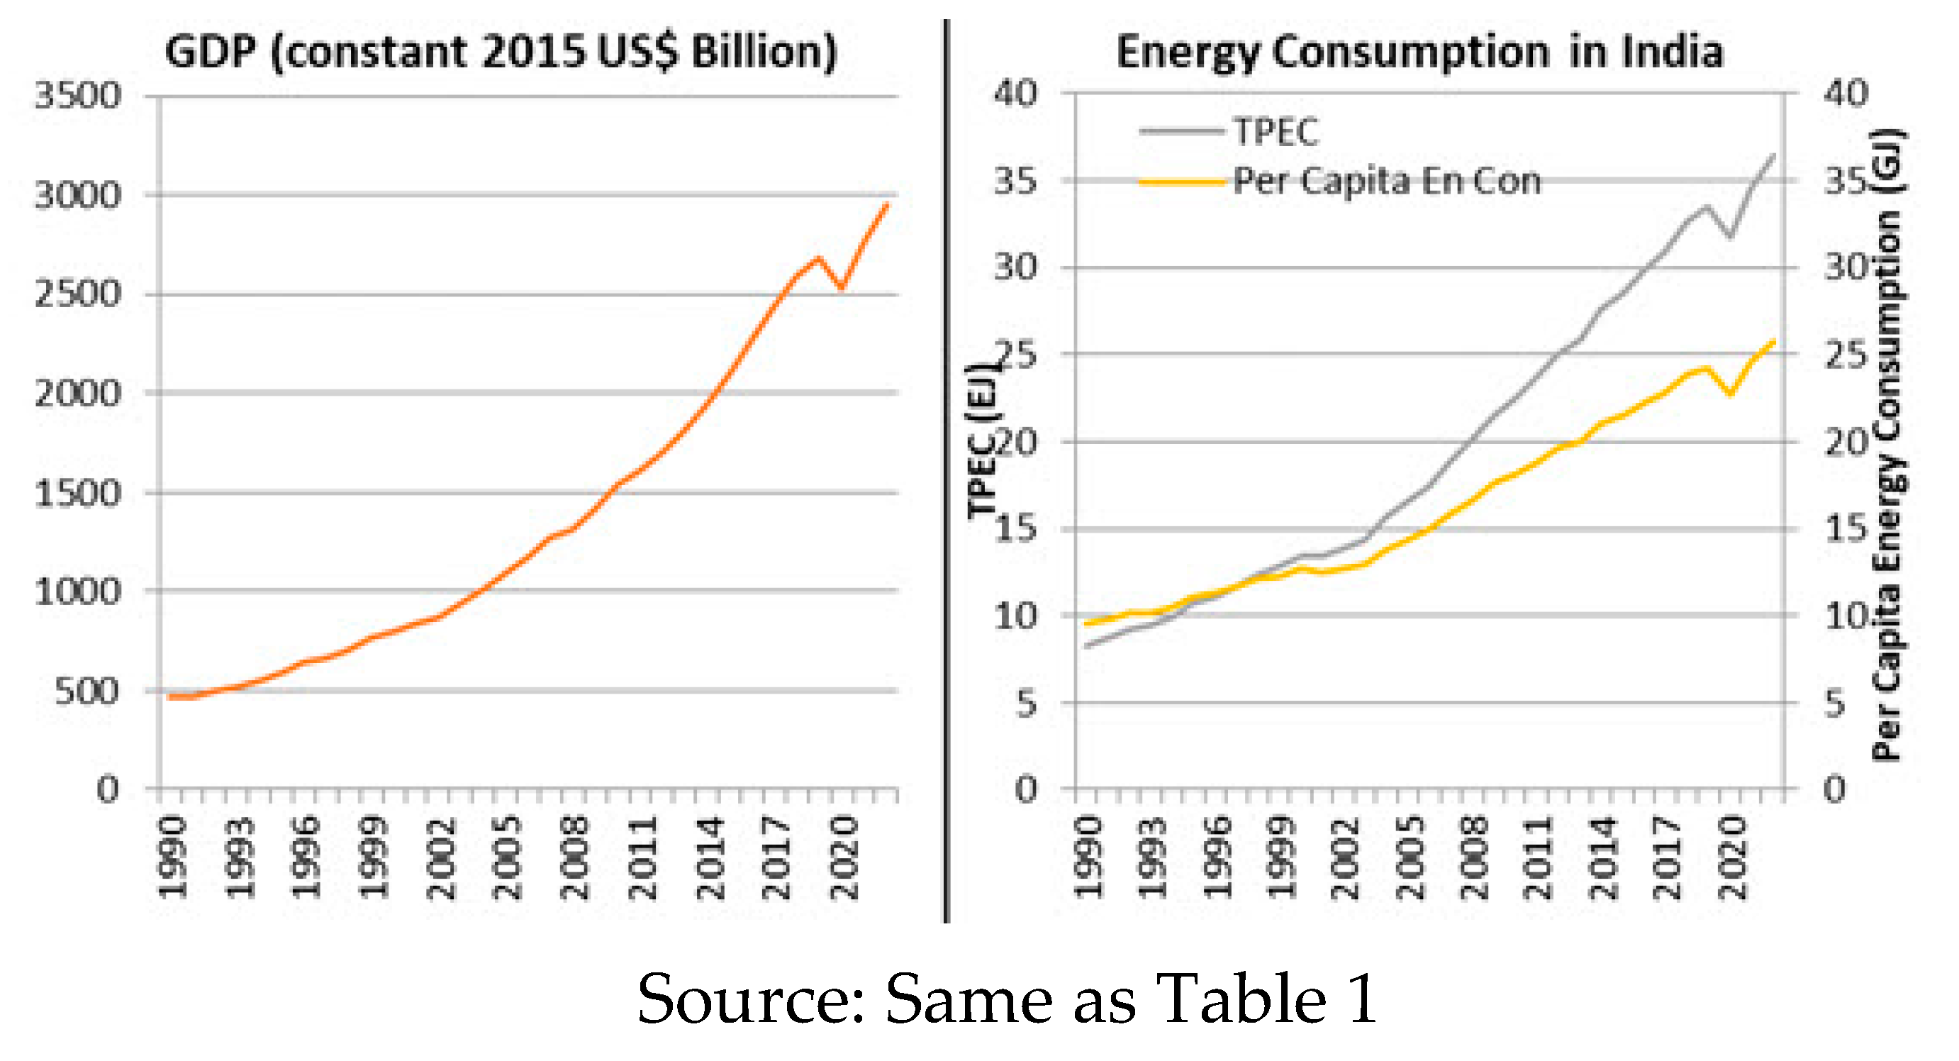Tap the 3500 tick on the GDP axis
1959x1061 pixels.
click(x=77, y=96)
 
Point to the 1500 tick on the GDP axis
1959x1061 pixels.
click(x=77, y=494)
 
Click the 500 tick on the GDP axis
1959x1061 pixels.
click(x=87, y=691)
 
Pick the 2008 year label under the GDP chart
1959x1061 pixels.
click(x=575, y=857)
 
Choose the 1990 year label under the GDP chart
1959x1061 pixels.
click(x=172, y=857)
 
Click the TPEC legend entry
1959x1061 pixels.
click(x=1275, y=133)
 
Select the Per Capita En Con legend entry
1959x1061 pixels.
click(x=1385, y=181)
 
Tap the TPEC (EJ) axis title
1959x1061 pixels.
click(x=983, y=441)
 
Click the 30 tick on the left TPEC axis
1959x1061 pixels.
click(x=1015, y=267)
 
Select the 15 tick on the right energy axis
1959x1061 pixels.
click(x=1846, y=528)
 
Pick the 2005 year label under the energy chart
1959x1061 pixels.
click(x=1412, y=857)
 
